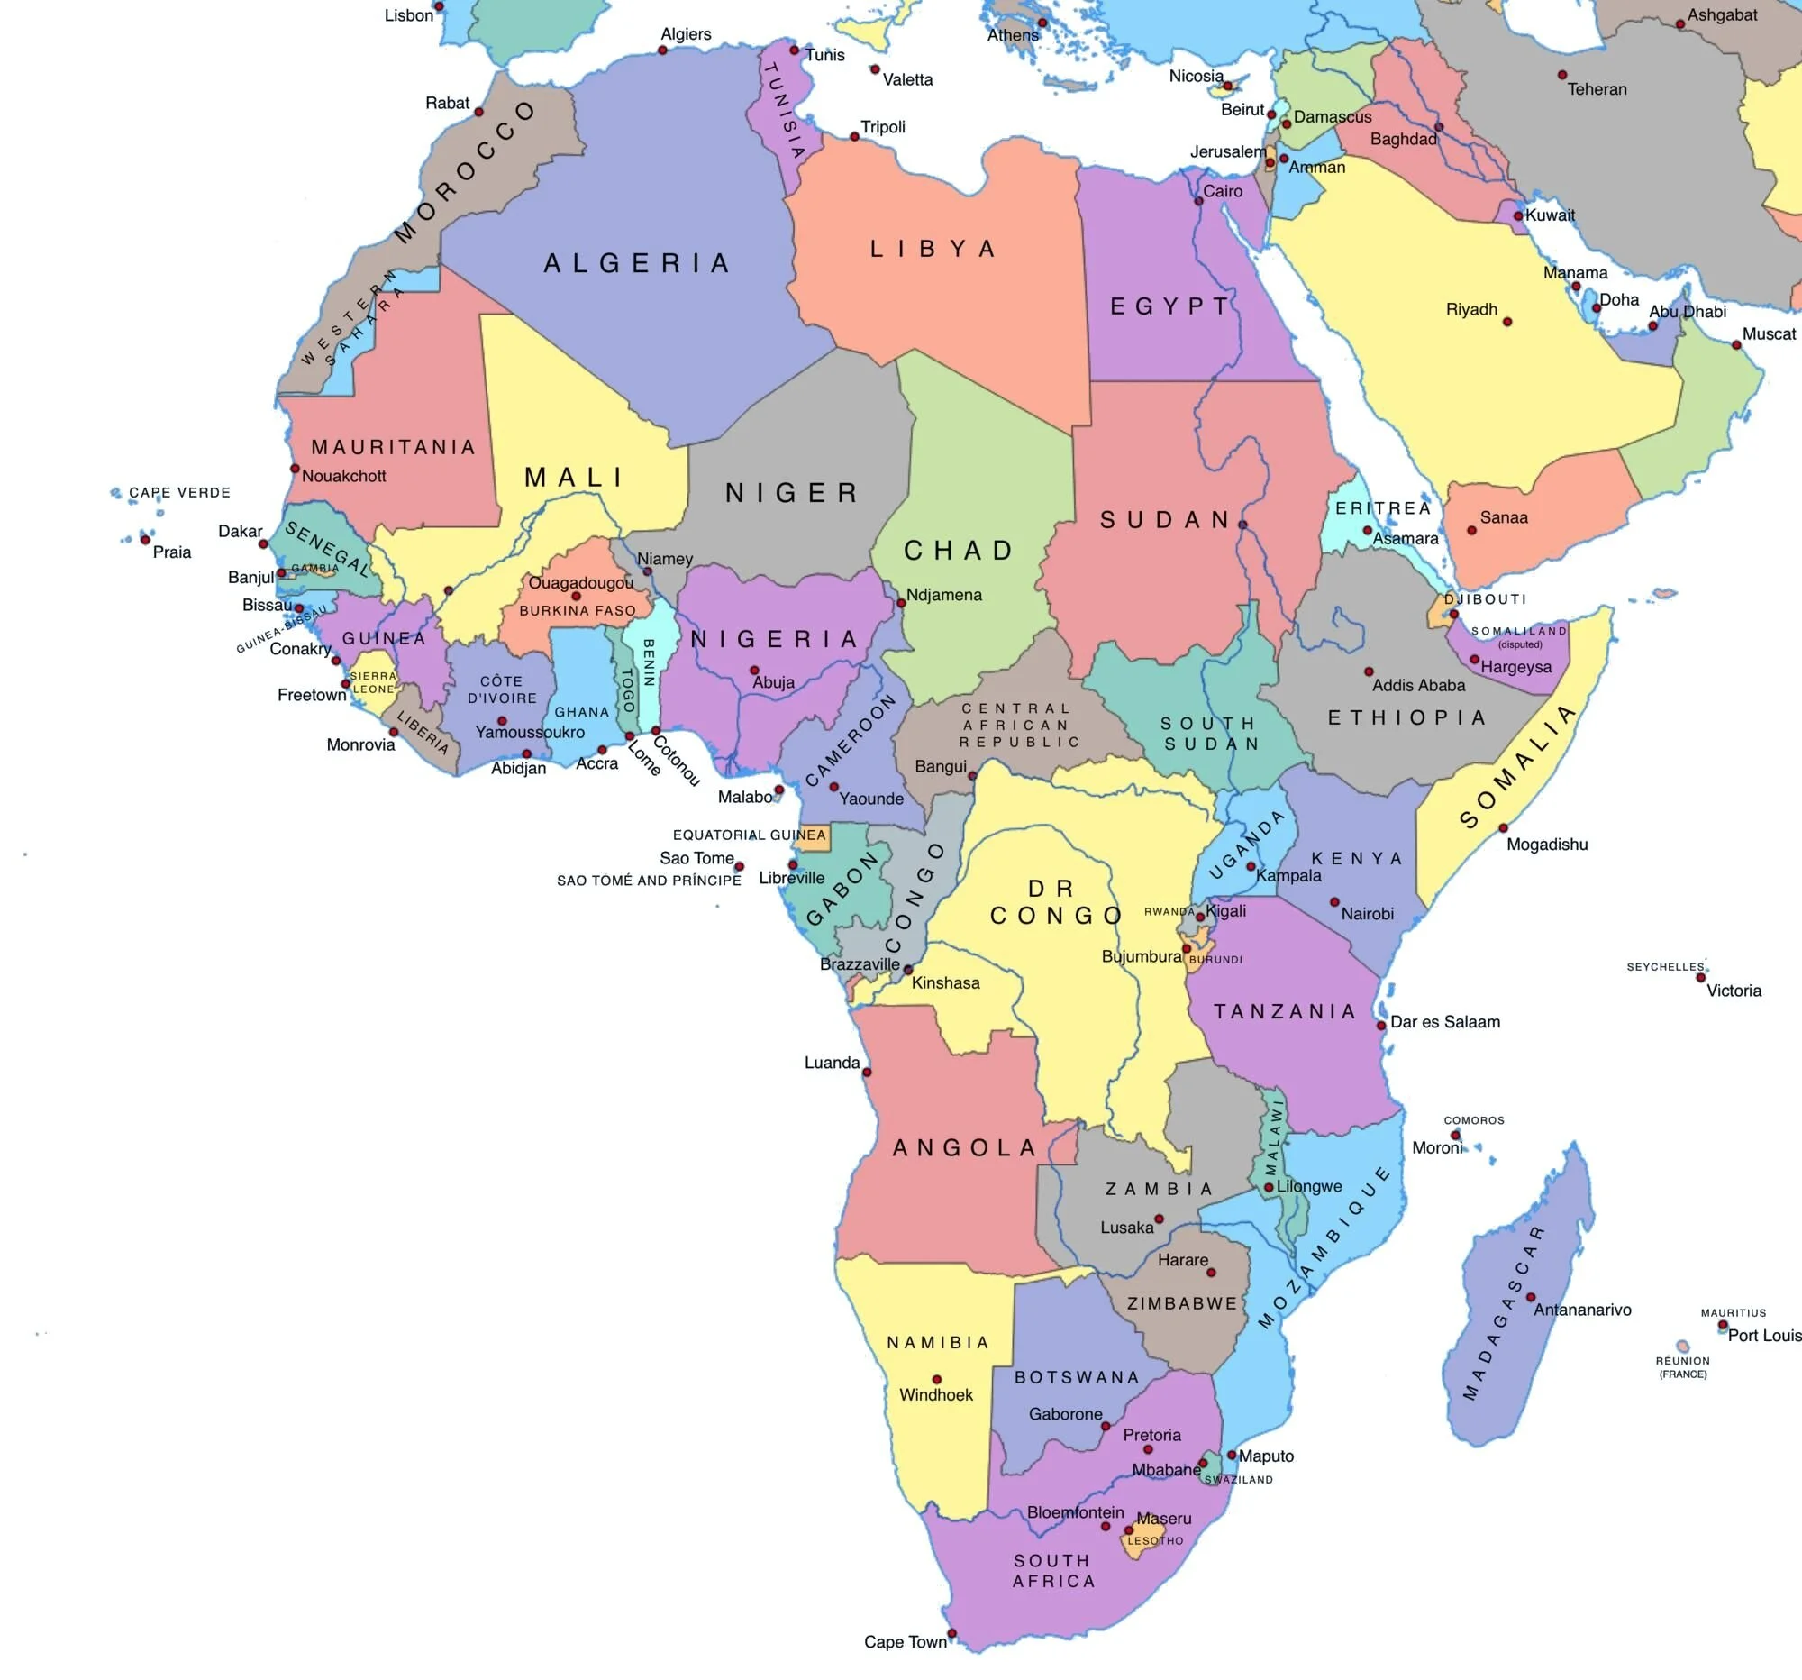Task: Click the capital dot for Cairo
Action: pos(1198,201)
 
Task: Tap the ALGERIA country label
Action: pos(636,264)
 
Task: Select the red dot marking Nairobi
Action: pos(1334,902)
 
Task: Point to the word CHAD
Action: pos(958,551)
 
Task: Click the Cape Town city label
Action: pos(905,1642)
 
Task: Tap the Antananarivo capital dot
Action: pos(1530,1296)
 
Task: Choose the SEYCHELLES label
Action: pos(1665,966)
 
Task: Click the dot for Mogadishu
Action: pos(1503,827)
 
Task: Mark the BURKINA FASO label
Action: pos(578,610)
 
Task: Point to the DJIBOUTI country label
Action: pos(1485,599)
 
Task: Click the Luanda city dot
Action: pos(867,1073)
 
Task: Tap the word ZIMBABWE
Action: pos(1182,1304)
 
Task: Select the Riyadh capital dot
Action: pos(1507,322)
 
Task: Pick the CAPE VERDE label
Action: pos(179,492)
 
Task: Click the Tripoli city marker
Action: pos(854,137)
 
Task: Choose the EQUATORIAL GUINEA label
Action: pos(749,835)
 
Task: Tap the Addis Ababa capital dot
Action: pos(1369,671)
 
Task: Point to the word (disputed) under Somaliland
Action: pos(1520,644)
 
